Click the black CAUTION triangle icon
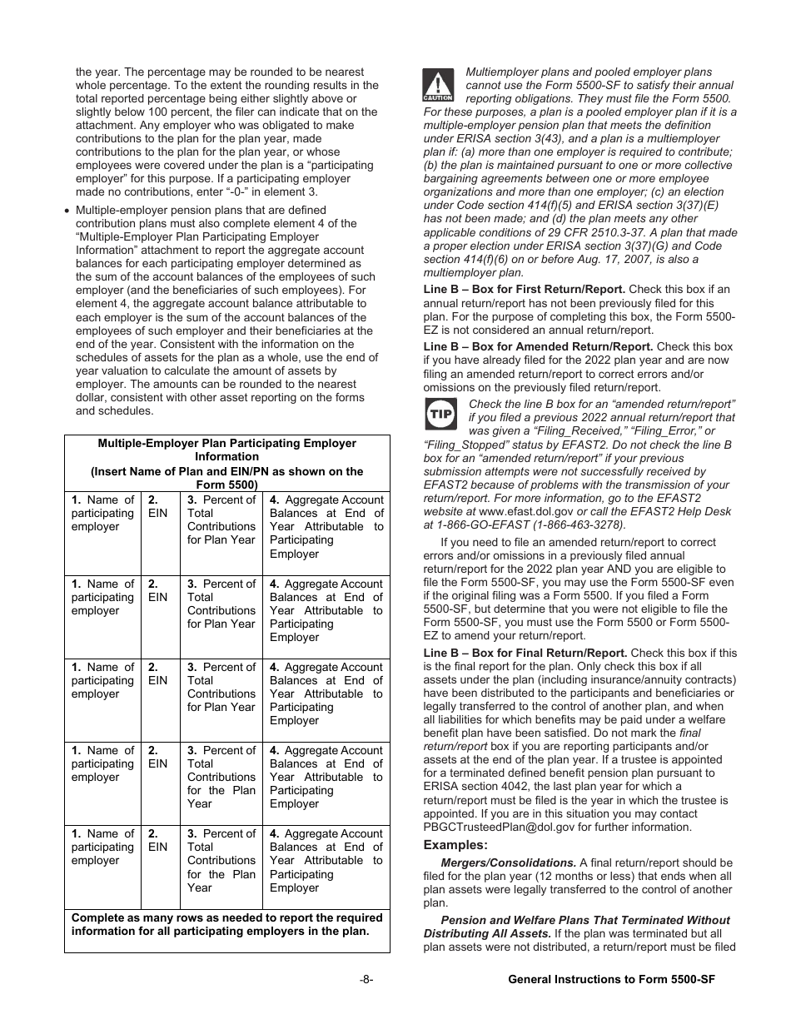[x=438, y=84]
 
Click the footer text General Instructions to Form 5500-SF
[x=611, y=980]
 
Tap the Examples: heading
[x=455, y=845]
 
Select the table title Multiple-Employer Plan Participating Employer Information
[x=226, y=450]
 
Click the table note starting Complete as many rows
[x=226, y=924]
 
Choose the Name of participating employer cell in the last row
[x=102, y=847]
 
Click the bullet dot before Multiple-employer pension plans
[x=67, y=211]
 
